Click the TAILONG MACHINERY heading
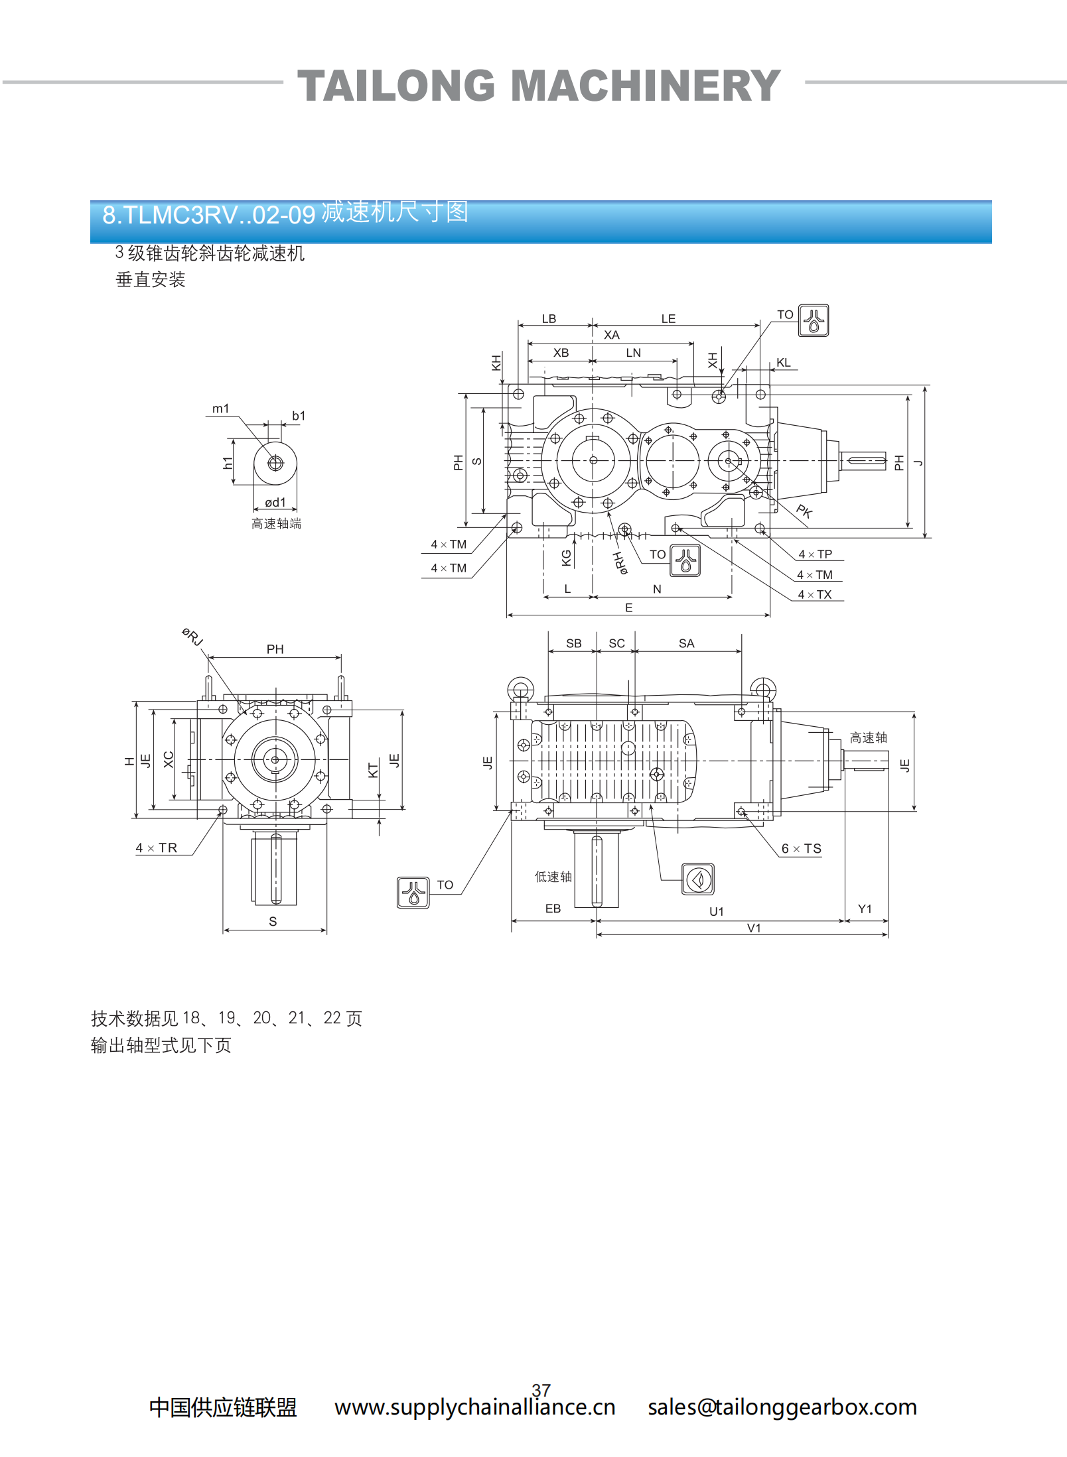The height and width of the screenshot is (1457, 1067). pyautogui.click(x=539, y=86)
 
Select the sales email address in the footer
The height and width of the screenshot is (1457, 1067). pyautogui.click(x=782, y=1407)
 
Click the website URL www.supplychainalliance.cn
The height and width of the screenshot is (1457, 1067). pyautogui.click(x=475, y=1407)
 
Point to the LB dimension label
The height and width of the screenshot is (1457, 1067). pyautogui.click(x=549, y=319)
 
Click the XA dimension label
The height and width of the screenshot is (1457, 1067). pyautogui.click(x=611, y=336)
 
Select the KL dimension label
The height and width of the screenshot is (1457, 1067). pyautogui.click(x=783, y=363)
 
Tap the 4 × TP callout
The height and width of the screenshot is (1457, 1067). pyautogui.click(x=815, y=554)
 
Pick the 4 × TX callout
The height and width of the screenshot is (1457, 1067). pyautogui.click(x=814, y=595)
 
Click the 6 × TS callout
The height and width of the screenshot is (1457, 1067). pyautogui.click(x=801, y=849)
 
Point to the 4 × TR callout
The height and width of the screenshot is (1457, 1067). pyautogui.click(x=157, y=848)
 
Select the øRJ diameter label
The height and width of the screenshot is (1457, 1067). pyautogui.click(x=192, y=637)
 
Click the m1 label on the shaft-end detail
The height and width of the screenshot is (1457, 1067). pyautogui.click(x=220, y=409)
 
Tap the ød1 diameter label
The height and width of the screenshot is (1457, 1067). pyautogui.click(x=275, y=503)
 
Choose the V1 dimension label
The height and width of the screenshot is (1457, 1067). pyautogui.click(x=754, y=928)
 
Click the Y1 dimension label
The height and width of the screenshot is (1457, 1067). pyautogui.click(x=865, y=909)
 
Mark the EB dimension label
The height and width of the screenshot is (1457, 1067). pyautogui.click(x=553, y=909)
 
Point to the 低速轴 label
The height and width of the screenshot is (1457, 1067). pyautogui.click(x=553, y=877)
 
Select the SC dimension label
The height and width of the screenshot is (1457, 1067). pyautogui.click(x=616, y=644)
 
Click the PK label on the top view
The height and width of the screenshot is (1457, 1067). pyautogui.click(x=804, y=511)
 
